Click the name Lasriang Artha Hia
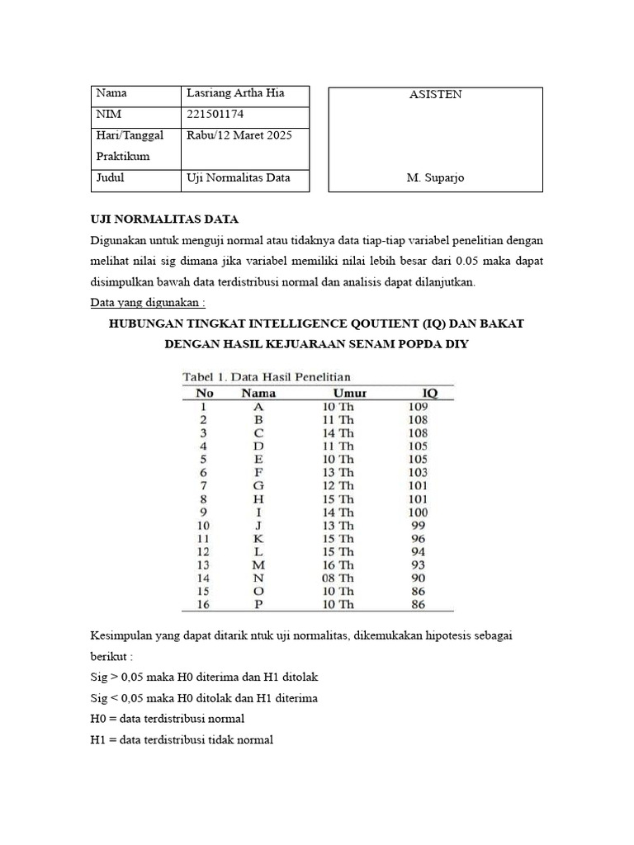click(235, 93)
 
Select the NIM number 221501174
click(215, 114)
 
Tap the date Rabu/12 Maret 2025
click(239, 135)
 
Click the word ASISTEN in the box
click(435, 94)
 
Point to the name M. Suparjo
click(435, 177)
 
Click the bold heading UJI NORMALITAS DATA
click(163, 219)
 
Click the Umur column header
click(349, 393)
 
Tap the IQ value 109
click(418, 406)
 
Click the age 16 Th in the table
click(338, 564)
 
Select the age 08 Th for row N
click(338, 578)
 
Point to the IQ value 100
click(418, 512)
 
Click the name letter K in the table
click(258, 538)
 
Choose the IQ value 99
click(418, 525)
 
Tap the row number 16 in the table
click(203, 604)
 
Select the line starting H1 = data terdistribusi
click(182, 739)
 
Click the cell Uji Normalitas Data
click(239, 177)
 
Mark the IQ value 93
click(418, 564)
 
